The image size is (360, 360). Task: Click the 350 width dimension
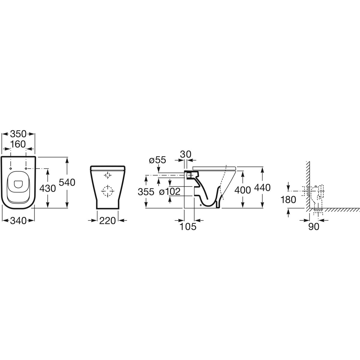(18, 134)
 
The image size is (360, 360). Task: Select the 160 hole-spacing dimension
(18, 144)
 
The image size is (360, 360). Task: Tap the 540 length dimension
(67, 182)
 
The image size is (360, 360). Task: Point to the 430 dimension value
(47, 188)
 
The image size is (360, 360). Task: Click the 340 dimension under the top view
(18, 221)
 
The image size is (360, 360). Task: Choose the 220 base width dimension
(107, 221)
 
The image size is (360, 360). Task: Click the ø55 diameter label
(157, 160)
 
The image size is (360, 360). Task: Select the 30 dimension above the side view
(186, 154)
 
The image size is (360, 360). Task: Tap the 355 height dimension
(146, 192)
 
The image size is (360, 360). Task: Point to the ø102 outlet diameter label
(169, 191)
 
